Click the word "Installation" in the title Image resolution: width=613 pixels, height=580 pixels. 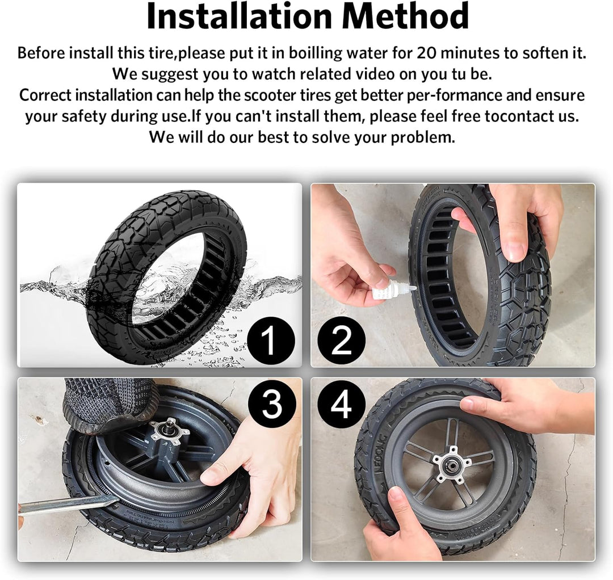pos(240,16)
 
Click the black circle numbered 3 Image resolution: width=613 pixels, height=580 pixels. pos(271,404)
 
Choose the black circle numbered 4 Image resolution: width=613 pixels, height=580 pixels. pos(341,404)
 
